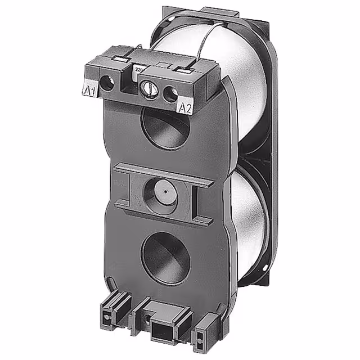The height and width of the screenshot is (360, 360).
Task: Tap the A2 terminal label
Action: coord(185,107)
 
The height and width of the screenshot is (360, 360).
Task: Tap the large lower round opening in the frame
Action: coord(165,258)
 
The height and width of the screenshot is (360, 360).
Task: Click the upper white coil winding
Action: coord(242,79)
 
